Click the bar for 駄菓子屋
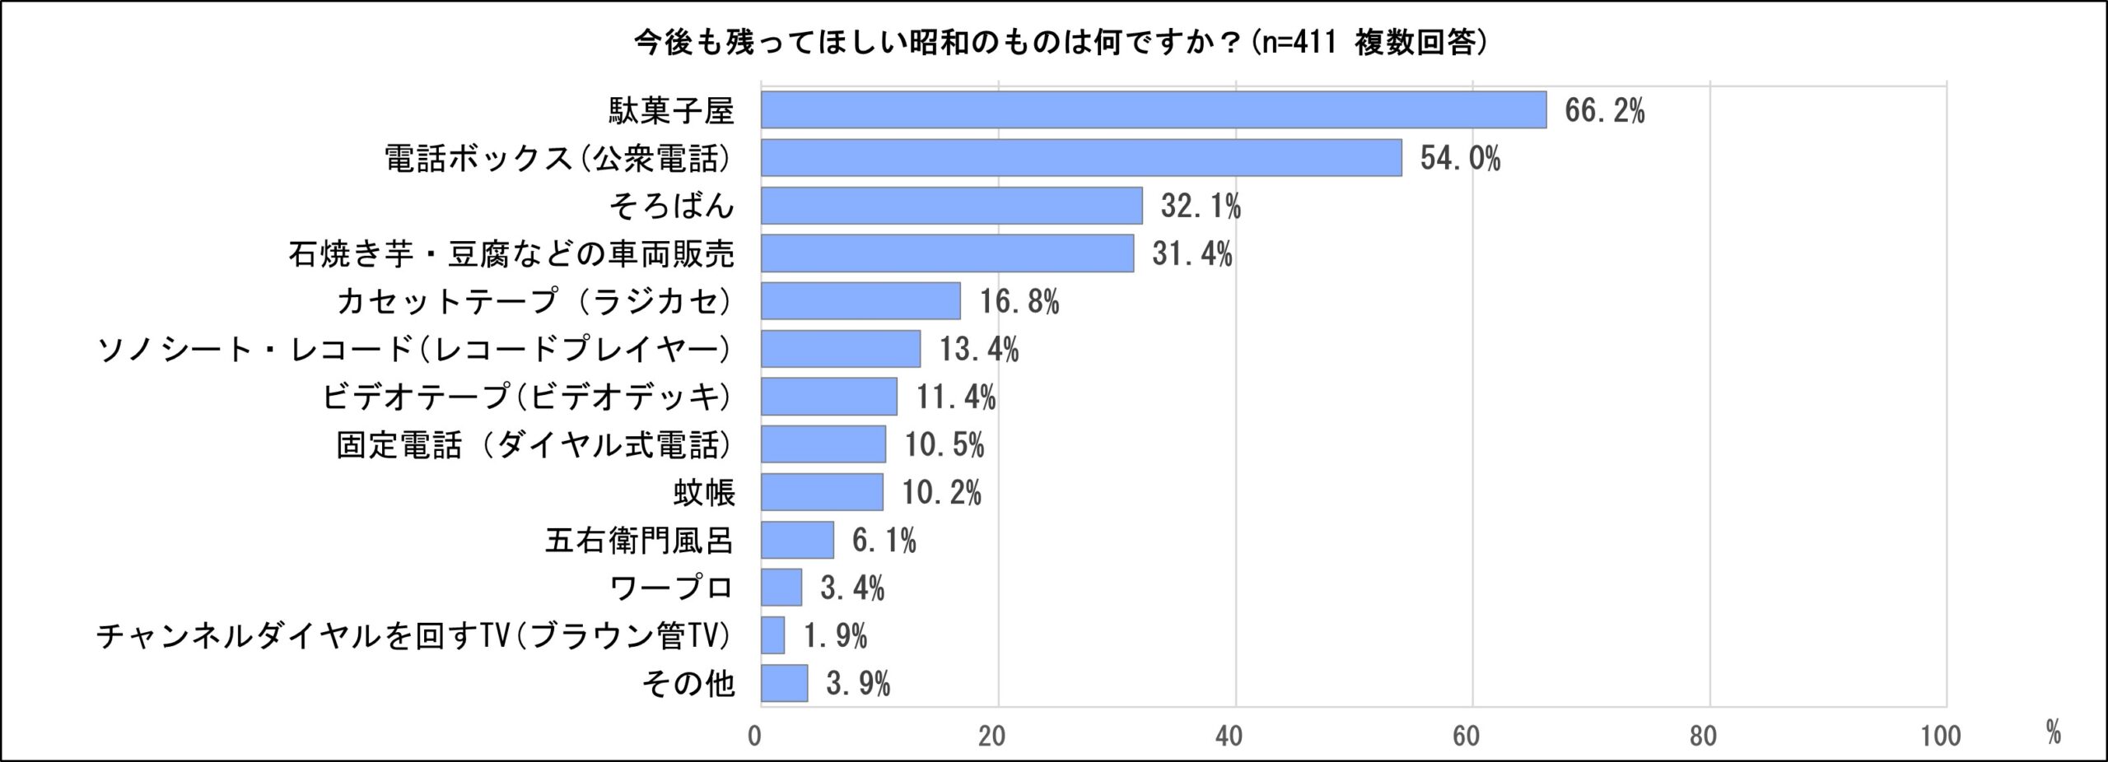click(1153, 110)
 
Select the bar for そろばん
click(951, 206)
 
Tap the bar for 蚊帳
click(822, 492)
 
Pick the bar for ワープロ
click(781, 588)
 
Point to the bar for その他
click(784, 683)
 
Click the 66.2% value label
click(1604, 110)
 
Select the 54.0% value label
click(1459, 158)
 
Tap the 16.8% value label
click(1019, 301)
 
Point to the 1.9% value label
click(835, 635)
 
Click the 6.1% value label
click(884, 540)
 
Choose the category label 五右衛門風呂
click(639, 541)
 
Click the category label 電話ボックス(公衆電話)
click(558, 158)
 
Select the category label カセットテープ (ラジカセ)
click(534, 301)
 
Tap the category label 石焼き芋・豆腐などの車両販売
click(511, 253)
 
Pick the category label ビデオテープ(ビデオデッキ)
click(526, 397)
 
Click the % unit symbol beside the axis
click(2054, 732)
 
